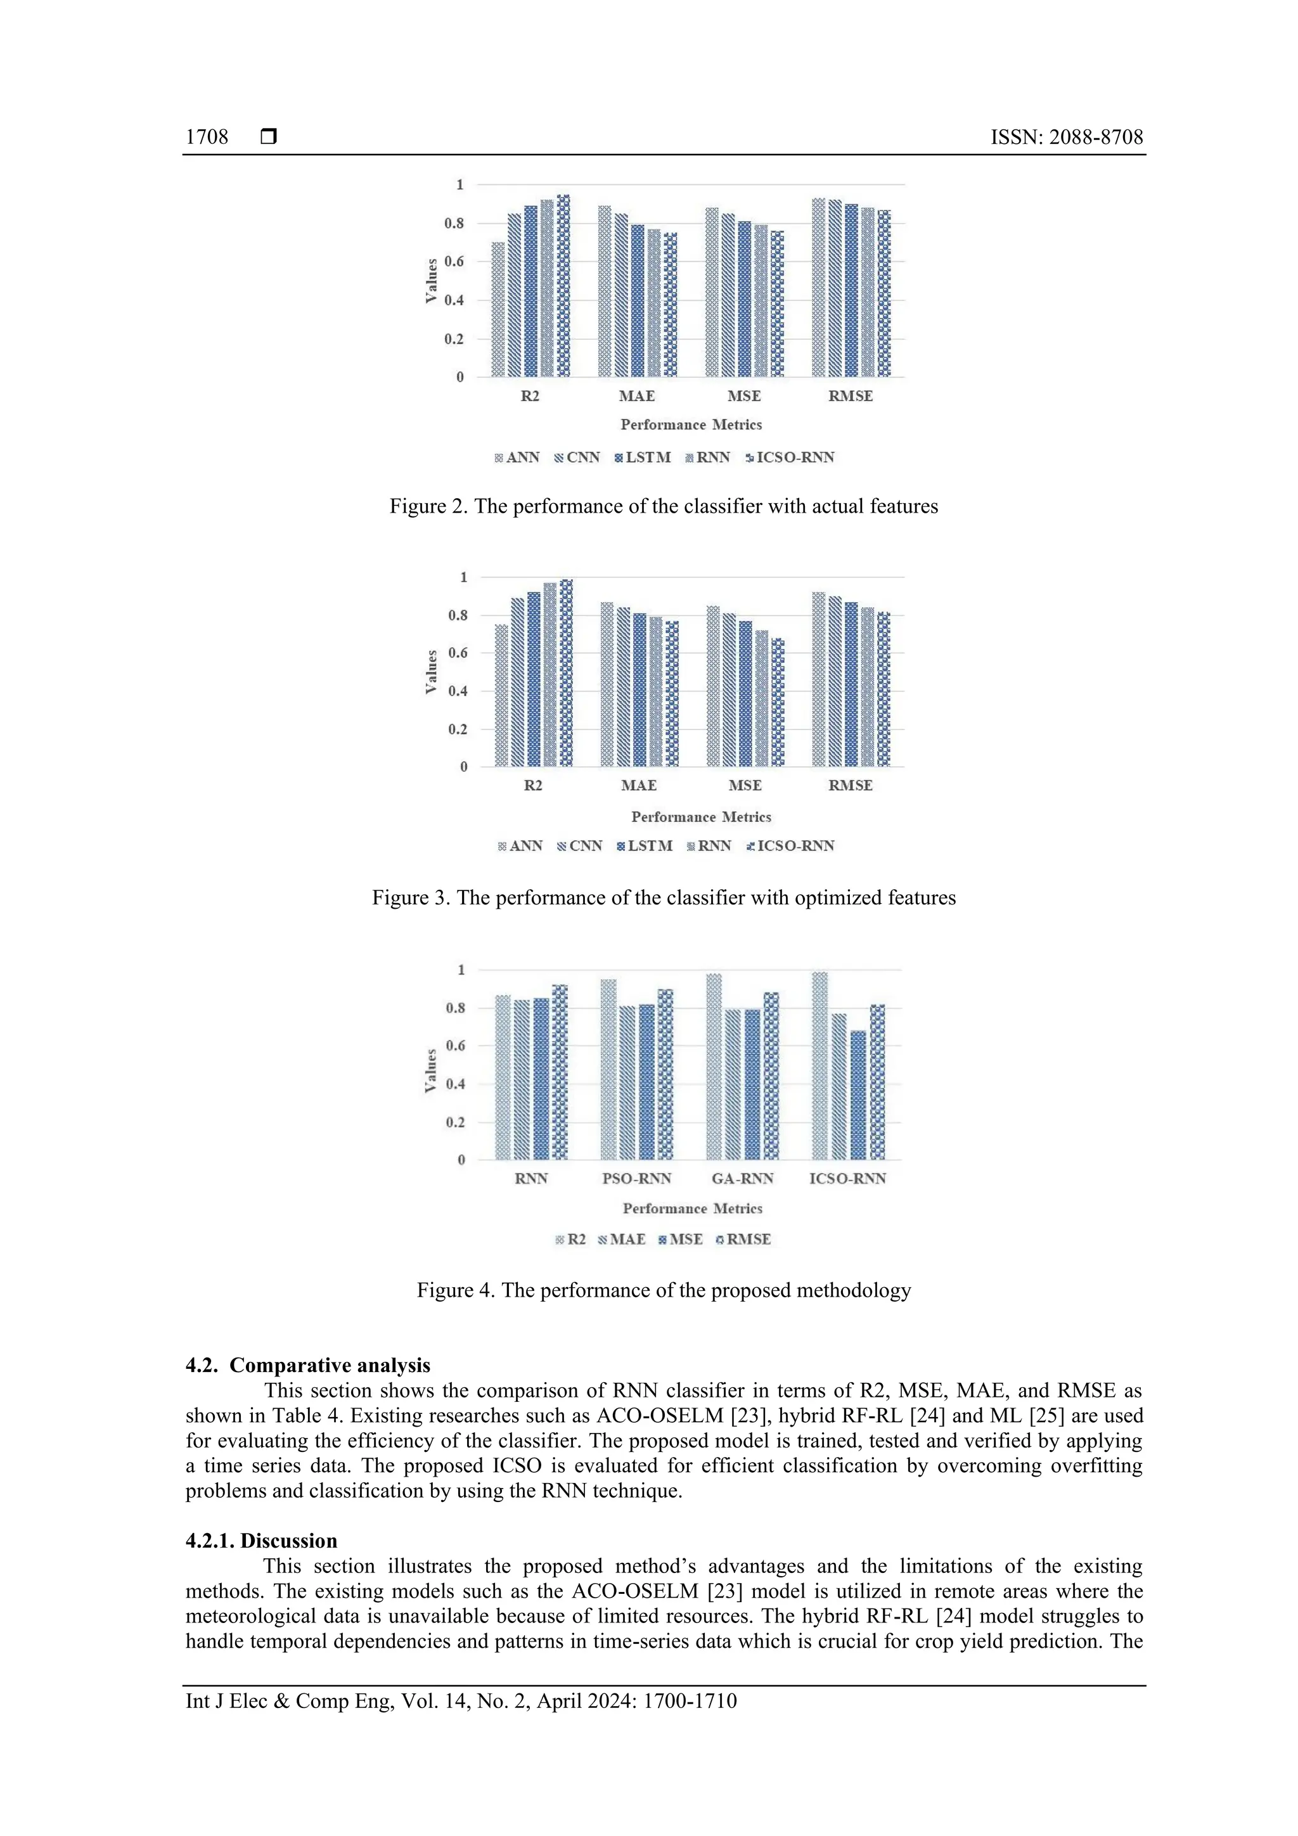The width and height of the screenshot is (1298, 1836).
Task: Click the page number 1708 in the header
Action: tap(207, 138)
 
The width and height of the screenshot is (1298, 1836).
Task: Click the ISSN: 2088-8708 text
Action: tap(1066, 138)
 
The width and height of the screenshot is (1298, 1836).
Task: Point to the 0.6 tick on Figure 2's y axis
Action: tap(454, 262)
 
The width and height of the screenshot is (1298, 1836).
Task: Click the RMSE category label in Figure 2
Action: tap(850, 396)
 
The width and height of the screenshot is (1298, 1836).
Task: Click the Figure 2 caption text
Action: tap(663, 506)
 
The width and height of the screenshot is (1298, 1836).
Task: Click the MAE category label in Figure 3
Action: tap(638, 785)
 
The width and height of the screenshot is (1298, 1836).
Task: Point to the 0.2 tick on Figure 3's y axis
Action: tap(458, 729)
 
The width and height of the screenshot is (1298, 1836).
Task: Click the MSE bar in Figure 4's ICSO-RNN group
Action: tap(858, 1096)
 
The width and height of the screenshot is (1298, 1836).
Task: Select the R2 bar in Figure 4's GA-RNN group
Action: tap(714, 1067)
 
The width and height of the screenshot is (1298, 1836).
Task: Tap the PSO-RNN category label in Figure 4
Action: tap(636, 1179)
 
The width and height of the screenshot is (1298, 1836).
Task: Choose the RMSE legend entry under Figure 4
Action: tap(744, 1240)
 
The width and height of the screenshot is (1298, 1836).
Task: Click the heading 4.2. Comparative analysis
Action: tap(308, 1365)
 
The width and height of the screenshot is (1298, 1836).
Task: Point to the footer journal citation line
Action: tap(461, 1701)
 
